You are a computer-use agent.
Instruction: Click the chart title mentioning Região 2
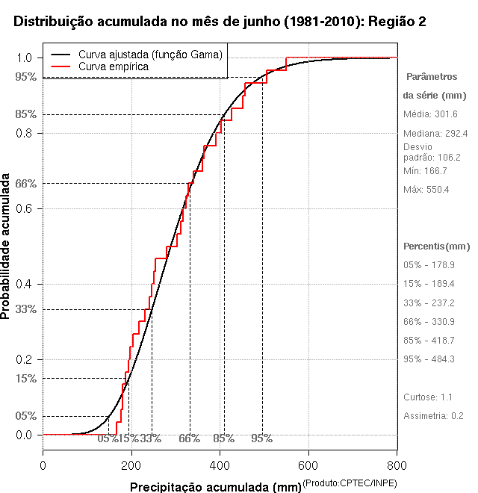point(220,22)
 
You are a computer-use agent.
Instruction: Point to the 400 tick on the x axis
point(220,465)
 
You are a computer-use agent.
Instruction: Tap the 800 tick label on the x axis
point(397,465)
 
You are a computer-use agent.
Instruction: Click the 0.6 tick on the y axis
point(25,208)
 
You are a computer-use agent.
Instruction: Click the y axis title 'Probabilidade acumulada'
point(7,247)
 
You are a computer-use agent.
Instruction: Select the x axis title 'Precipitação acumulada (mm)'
point(215,488)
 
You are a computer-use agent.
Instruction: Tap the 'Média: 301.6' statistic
point(430,114)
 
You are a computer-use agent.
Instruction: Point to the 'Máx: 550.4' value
point(426,190)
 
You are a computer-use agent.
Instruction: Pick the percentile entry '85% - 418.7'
point(429,341)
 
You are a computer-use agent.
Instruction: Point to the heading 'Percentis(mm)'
point(437,246)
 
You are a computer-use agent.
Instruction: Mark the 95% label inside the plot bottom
point(261,438)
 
